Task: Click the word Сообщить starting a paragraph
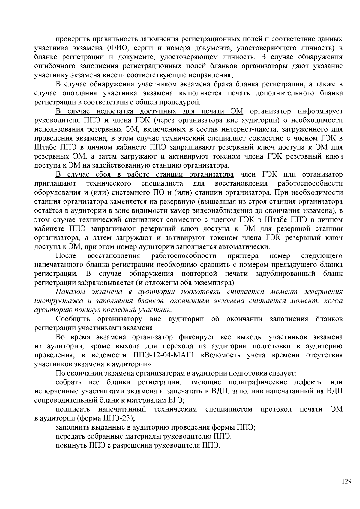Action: [73, 319]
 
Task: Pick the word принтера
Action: [243, 256]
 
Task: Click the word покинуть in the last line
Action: [71, 445]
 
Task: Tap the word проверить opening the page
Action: [73, 39]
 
